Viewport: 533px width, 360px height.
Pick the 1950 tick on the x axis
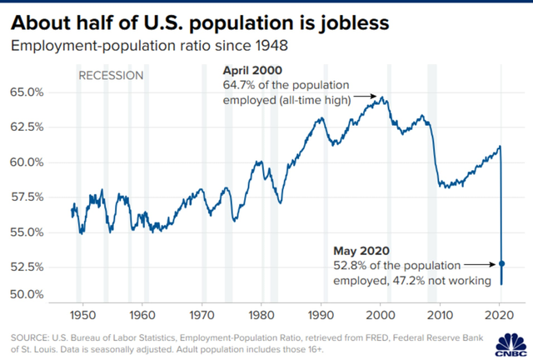[x=81, y=317]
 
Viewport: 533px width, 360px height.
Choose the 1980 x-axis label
[x=261, y=317]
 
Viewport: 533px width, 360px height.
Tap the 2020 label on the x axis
[x=500, y=317]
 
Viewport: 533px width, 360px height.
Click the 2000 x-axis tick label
[x=381, y=317]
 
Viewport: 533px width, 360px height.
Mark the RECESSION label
[x=111, y=76]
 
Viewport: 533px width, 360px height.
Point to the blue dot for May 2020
[x=502, y=264]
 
